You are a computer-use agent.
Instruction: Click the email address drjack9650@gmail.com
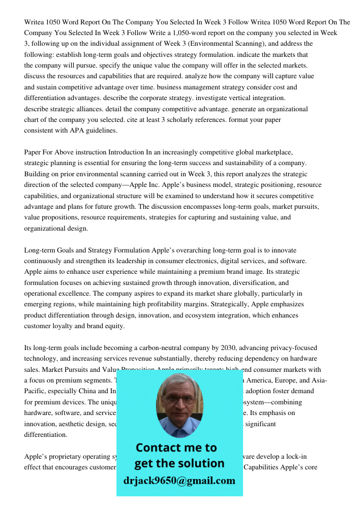pyautogui.click(x=179, y=481)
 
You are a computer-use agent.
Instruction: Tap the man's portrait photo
pyautogui.click(x=179, y=404)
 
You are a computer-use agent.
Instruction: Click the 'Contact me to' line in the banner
pyautogui.click(x=176, y=448)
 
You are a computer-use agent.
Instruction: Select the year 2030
pyautogui.click(x=228, y=348)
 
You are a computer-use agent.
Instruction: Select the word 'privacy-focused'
pyautogui.click(x=293, y=348)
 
